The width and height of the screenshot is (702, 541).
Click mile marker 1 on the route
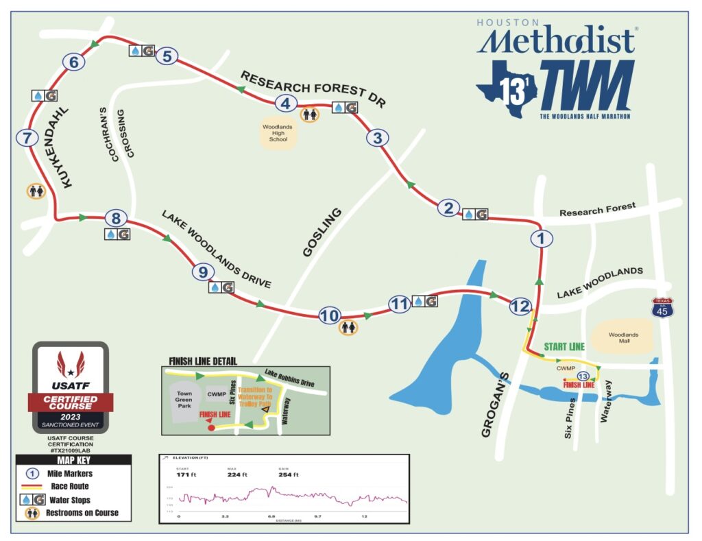[x=541, y=239]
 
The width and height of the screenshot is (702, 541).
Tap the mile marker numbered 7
[x=27, y=138]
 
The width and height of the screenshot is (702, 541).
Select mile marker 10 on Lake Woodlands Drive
[x=330, y=315]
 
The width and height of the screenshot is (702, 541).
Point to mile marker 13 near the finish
[x=583, y=376]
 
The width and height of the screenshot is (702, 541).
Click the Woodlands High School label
[x=278, y=133]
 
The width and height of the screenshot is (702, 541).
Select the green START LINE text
[x=564, y=347]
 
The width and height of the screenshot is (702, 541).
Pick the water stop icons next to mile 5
[x=141, y=51]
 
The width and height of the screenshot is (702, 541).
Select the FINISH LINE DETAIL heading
[x=203, y=361]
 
